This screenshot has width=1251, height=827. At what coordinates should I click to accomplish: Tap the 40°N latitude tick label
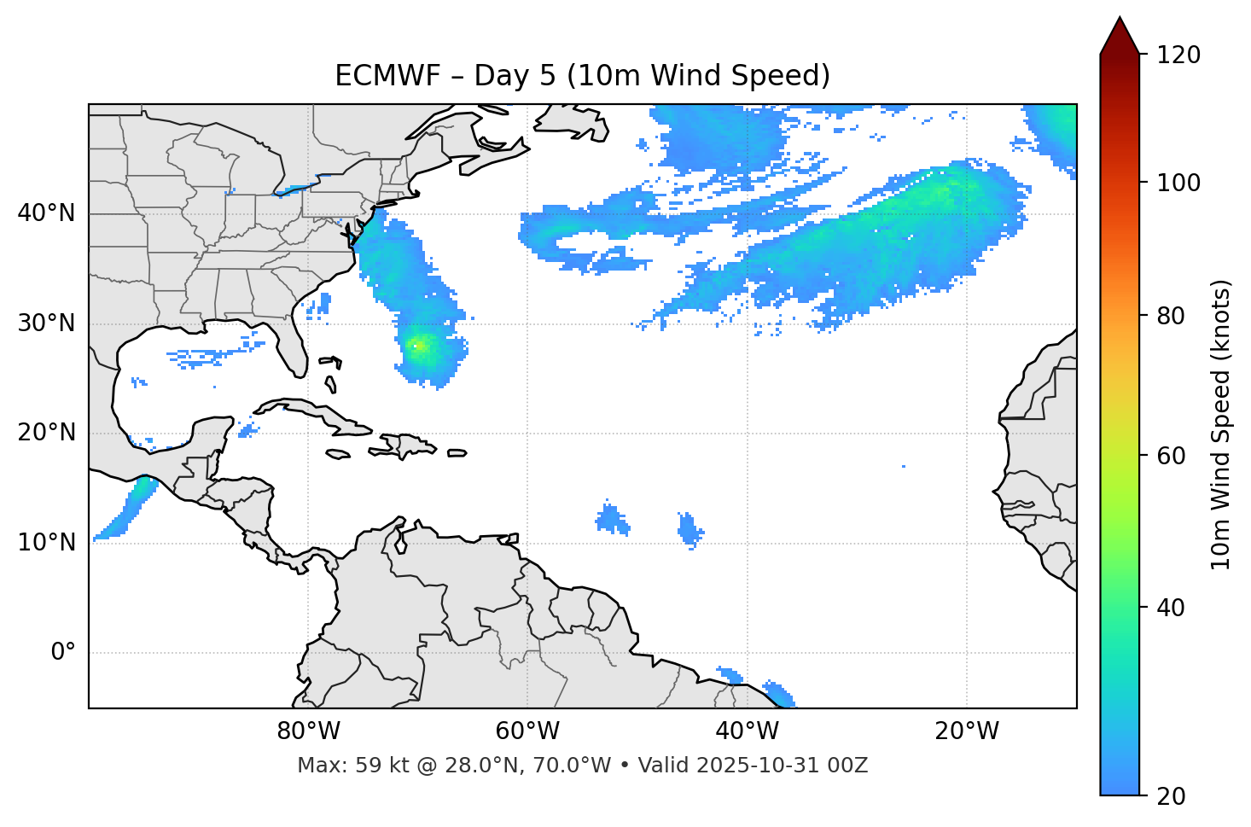46,213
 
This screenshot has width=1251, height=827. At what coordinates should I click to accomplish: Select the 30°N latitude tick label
46,323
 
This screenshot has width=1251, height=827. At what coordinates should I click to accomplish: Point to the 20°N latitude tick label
46,433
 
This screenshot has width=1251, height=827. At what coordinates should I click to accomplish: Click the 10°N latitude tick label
46,543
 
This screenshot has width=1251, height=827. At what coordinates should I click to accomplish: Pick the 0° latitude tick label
62,653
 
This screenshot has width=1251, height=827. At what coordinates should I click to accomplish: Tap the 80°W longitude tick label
308,731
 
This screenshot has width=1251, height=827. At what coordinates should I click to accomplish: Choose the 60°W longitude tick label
527,731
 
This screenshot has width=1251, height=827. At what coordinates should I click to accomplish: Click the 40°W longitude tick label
747,731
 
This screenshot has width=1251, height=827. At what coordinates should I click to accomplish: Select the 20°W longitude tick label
966,731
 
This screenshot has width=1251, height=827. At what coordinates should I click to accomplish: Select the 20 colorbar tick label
1171,796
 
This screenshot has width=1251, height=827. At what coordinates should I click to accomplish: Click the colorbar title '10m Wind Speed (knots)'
1221,424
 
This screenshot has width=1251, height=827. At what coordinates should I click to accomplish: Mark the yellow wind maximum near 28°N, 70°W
418,346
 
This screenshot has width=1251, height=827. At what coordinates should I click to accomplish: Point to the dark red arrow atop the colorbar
1120,36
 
